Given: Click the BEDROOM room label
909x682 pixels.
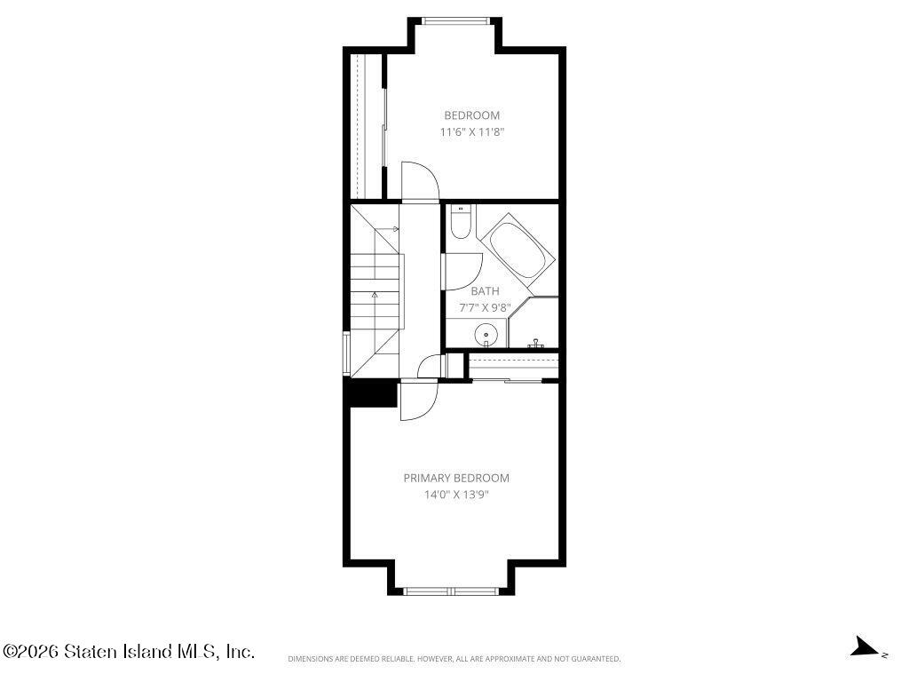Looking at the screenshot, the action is pyautogui.click(x=472, y=115).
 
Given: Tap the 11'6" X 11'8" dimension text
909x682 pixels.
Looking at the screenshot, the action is pyautogui.click(x=472, y=131).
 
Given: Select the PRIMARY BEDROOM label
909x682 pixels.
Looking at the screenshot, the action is pyautogui.click(x=456, y=478).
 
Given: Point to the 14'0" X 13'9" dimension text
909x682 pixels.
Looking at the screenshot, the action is pyautogui.click(x=456, y=495).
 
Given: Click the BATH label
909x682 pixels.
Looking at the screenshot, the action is pyautogui.click(x=485, y=291).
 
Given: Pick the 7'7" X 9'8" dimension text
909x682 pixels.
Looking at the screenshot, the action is pyautogui.click(x=485, y=307).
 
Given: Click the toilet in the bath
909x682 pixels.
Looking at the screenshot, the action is pyautogui.click(x=462, y=221).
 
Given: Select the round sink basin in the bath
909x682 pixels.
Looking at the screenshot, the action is pyautogui.click(x=486, y=335).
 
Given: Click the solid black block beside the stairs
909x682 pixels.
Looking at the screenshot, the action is pyautogui.click(x=371, y=393).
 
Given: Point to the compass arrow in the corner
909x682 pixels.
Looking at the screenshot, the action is pyautogui.click(x=865, y=646).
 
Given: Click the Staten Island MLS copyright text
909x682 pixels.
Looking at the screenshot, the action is pyautogui.click(x=129, y=651).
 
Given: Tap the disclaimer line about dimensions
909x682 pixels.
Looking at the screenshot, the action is pyautogui.click(x=454, y=659).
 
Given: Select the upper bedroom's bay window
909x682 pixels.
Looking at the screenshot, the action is pyautogui.click(x=455, y=21).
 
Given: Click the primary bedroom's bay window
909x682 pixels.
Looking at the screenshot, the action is pyautogui.click(x=451, y=591).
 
